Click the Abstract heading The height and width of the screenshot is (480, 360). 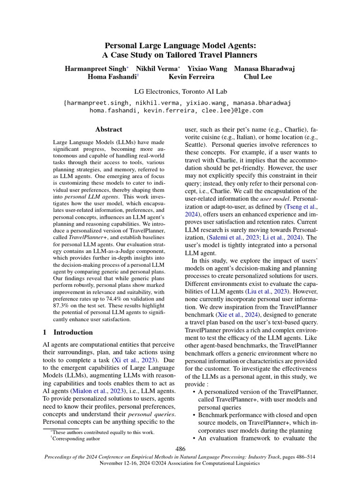108,129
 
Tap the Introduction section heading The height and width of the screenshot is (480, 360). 73,332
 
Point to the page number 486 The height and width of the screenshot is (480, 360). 180,449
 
